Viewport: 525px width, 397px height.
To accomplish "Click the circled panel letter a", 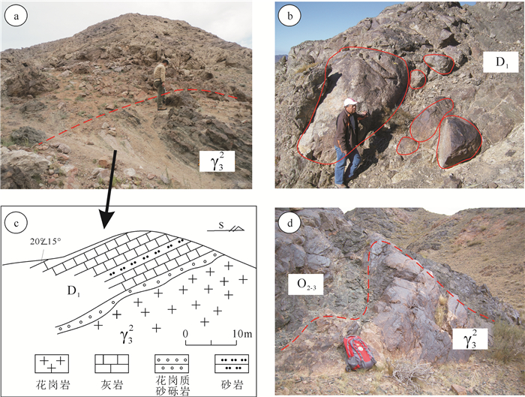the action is [16, 17].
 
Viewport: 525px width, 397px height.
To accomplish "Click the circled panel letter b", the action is [290, 16].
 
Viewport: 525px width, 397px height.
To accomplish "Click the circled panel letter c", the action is [16, 223].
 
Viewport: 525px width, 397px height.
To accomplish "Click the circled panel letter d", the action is [290, 223].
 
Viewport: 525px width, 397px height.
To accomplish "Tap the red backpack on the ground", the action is [359, 353].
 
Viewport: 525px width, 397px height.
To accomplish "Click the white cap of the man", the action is [350, 102].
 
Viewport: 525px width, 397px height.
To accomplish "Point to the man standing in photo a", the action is [160, 85].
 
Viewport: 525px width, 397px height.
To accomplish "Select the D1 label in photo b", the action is [501, 62].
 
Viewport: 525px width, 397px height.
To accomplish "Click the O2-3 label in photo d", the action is [306, 284].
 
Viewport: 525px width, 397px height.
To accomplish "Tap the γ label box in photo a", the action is [217, 161].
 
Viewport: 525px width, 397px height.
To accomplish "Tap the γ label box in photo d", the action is [469, 338].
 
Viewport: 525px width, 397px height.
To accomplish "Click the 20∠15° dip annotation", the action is [46, 241].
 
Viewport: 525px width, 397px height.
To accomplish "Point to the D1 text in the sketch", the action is [73, 290].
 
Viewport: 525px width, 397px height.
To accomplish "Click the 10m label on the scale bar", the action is [243, 334].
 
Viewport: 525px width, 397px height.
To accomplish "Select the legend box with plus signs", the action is [52, 363].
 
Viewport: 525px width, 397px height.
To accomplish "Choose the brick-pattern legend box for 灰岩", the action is [112, 363].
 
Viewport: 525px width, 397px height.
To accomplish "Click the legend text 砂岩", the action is [231, 385].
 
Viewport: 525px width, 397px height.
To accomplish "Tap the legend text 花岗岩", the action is [53, 385].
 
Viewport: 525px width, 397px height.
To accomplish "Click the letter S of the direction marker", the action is [221, 225].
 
